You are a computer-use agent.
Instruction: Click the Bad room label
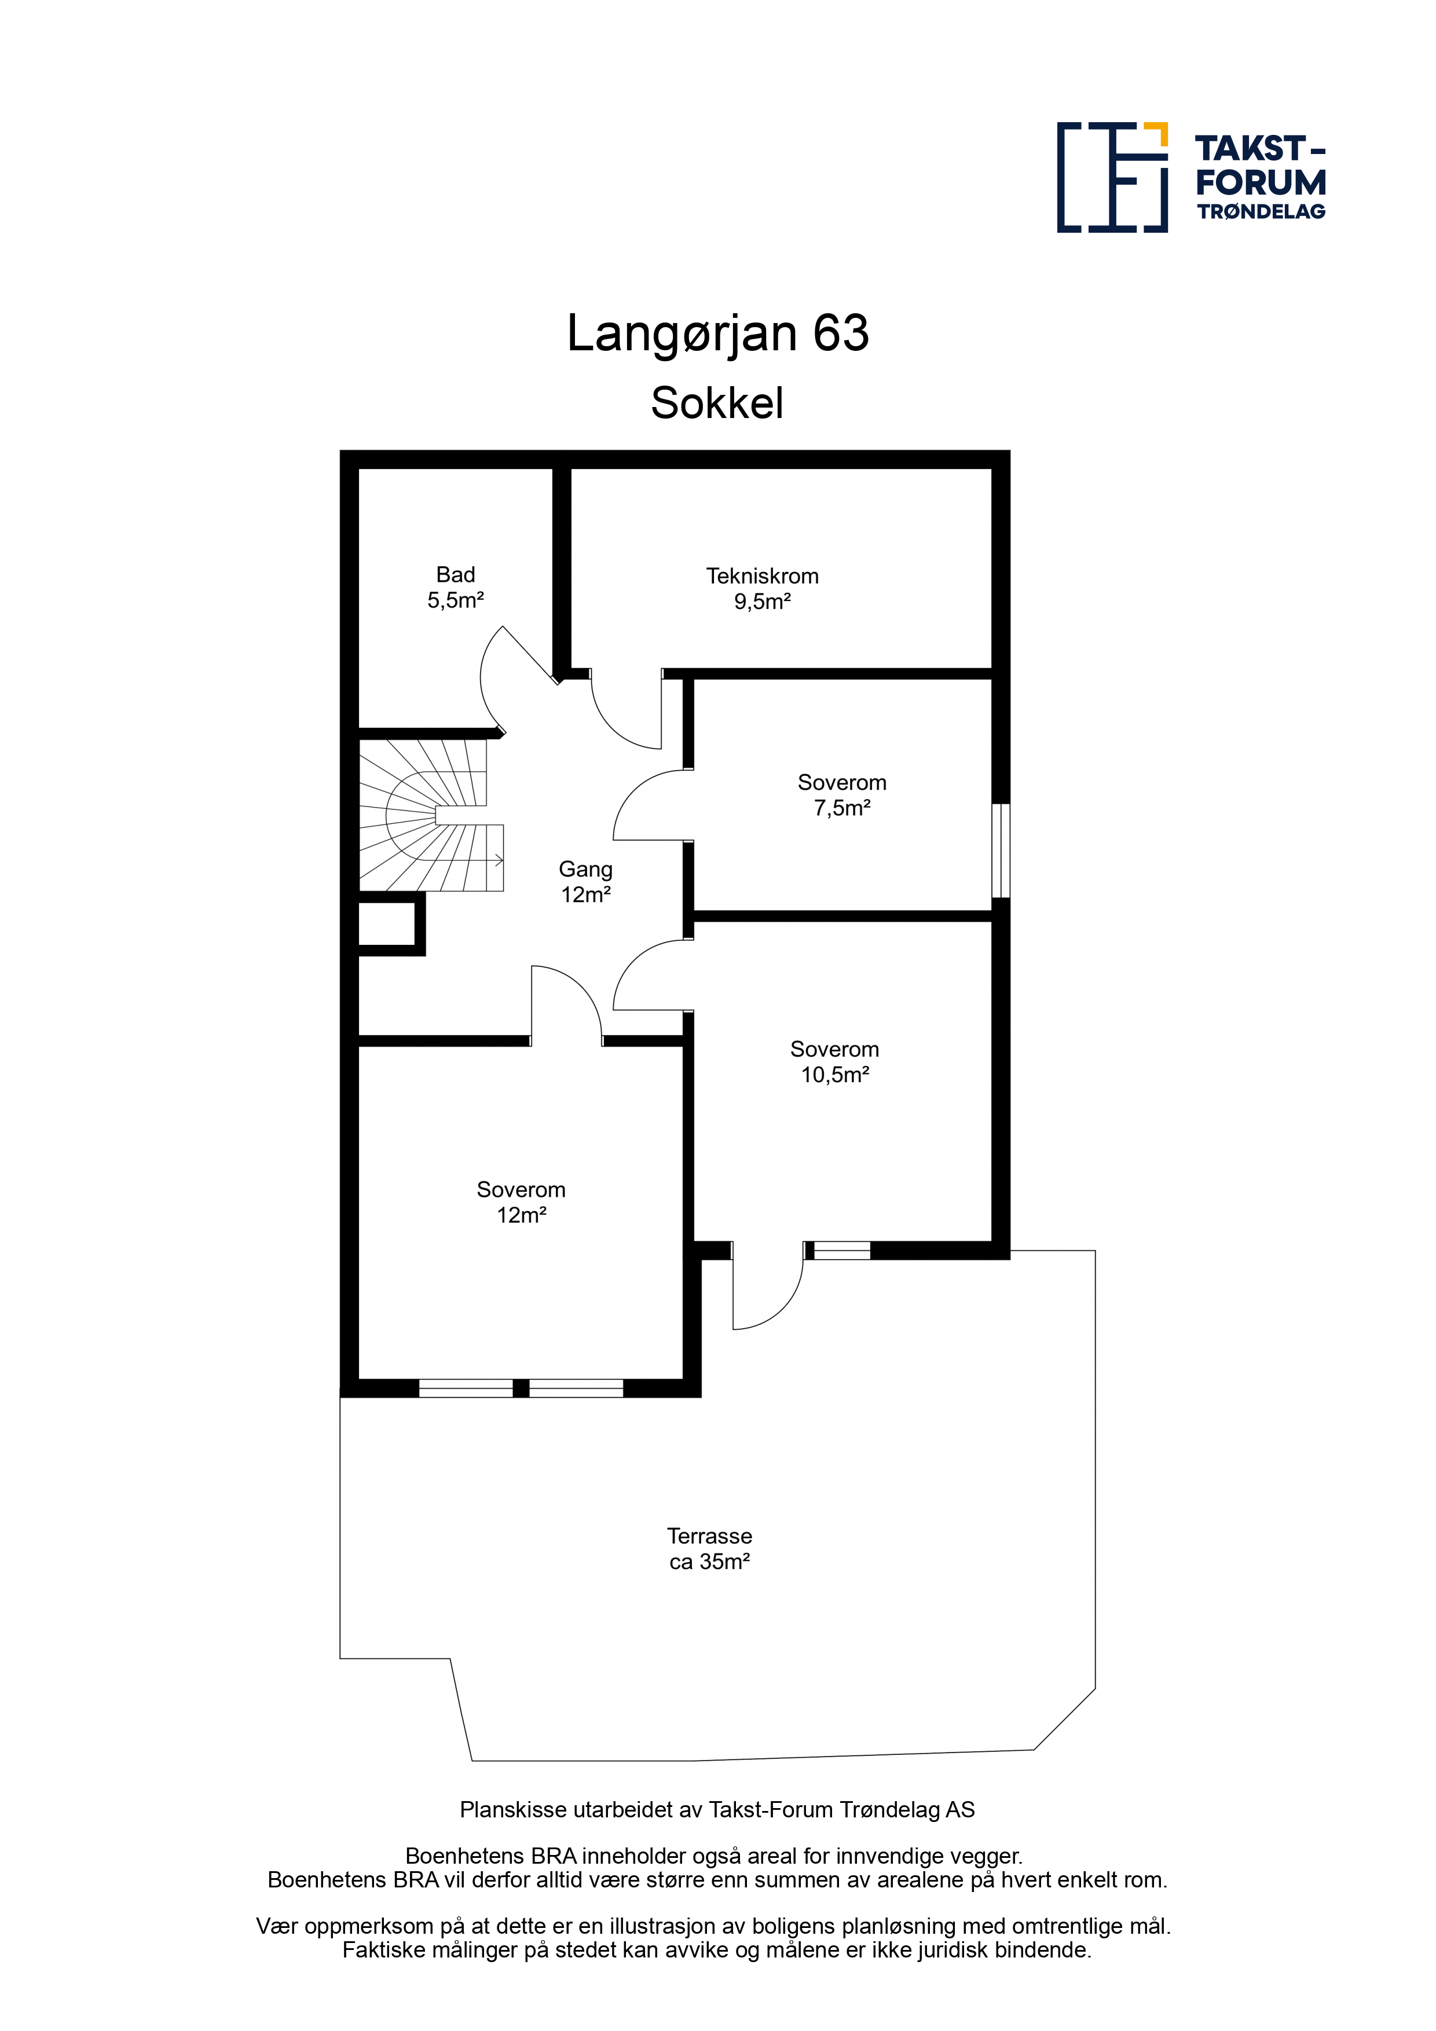(456, 575)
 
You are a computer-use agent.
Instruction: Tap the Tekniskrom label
(762, 577)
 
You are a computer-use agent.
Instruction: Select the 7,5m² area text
(842, 808)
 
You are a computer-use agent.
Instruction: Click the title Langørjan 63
(717, 333)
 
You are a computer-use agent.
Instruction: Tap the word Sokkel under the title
(717, 404)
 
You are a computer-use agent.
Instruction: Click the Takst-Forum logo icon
(1112, 177)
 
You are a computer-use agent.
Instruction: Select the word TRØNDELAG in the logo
(1262, 211)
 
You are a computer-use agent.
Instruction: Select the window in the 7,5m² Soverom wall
(1001, 851)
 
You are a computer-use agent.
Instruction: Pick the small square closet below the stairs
(387, 925)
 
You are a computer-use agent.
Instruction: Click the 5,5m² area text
(456, 600)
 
